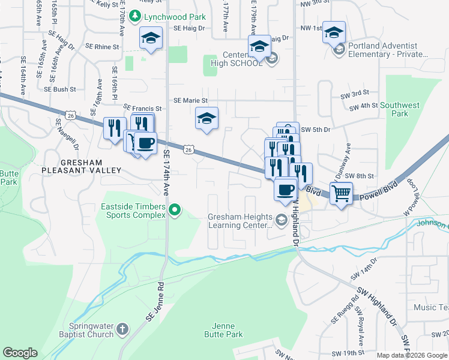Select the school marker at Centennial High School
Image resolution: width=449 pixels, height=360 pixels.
pos(260,46)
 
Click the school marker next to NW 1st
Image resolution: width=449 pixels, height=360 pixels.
pos(334,32)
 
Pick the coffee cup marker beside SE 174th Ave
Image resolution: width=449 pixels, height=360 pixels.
pos(145,143)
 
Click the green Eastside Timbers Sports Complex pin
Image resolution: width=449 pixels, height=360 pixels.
pos(175,210)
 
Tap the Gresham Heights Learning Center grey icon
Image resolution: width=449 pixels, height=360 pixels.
pos(280,221)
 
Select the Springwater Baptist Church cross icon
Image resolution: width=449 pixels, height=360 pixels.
pos(122,329)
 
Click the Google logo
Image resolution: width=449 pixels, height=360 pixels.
pos(20,353)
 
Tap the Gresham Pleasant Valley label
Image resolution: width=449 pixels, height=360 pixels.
pos(76,166)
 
